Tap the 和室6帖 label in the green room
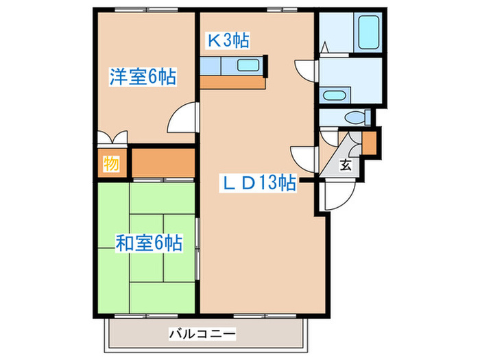(148, 242)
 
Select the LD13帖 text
(257, 183)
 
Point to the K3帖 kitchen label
(228, 41)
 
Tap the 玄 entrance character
(346, 164)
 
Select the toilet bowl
(355, 117)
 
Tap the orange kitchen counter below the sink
(232, 82)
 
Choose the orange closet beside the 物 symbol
(163, 162)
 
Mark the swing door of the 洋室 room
(181, 118)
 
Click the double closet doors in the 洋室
(112, 137)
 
